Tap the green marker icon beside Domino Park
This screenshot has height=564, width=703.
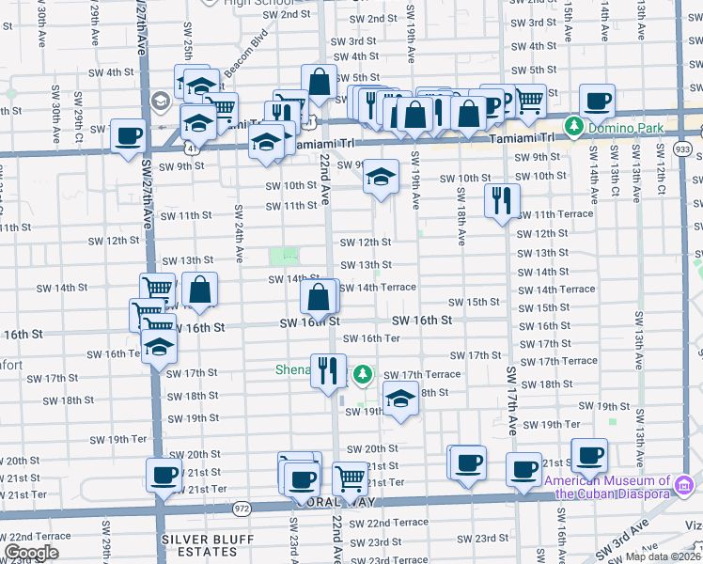click(572, 126)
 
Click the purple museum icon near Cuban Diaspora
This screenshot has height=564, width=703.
click(684, 485)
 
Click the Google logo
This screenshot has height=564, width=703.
click(31, 553)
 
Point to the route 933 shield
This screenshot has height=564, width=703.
click(683, 149)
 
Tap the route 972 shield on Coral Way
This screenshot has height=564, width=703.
click(242, 508)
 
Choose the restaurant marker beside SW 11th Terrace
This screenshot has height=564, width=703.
click(502, 200)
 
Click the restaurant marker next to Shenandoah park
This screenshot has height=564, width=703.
click(328, 369)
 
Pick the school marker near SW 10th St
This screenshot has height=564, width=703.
click(381, 177)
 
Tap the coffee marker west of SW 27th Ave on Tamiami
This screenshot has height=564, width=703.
click(128, 134)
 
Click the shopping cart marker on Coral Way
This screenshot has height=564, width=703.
click(351, 477)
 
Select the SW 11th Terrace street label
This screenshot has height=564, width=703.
click(555, 213)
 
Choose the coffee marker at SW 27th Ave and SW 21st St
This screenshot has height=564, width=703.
click(164, 475)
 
